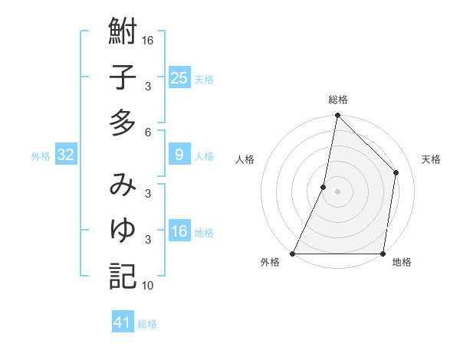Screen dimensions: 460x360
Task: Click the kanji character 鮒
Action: (123, 33)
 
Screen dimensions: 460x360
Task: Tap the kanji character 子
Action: (123, 78)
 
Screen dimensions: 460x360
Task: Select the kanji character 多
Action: (123, 123)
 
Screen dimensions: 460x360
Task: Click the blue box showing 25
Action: (179, 78)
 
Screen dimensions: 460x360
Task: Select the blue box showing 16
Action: (179, 231)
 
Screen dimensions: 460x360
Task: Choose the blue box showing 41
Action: (123, 322)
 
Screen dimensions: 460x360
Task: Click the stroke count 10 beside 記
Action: (148, 286)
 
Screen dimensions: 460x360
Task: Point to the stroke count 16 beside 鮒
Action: (148, 40)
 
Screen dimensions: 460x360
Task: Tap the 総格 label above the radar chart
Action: (338, 100)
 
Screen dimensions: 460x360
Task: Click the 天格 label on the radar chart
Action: (432, 159)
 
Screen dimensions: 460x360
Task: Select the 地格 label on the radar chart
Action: (402, 263)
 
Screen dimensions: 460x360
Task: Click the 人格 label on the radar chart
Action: (245, 159)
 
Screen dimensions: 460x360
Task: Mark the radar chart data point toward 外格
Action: (293, 254)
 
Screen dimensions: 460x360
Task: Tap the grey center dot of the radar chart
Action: (338, 191)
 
